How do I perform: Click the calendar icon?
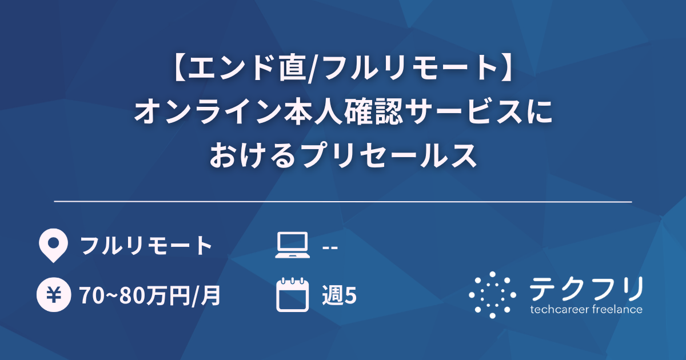tap(292, 295)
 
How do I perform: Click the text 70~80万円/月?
tap(150, 295)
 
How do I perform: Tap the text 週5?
tap(340, 295)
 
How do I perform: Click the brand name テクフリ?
tap(586, 288)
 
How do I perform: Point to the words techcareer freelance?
tap(586, 310)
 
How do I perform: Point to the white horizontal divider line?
tap(343, 202)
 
